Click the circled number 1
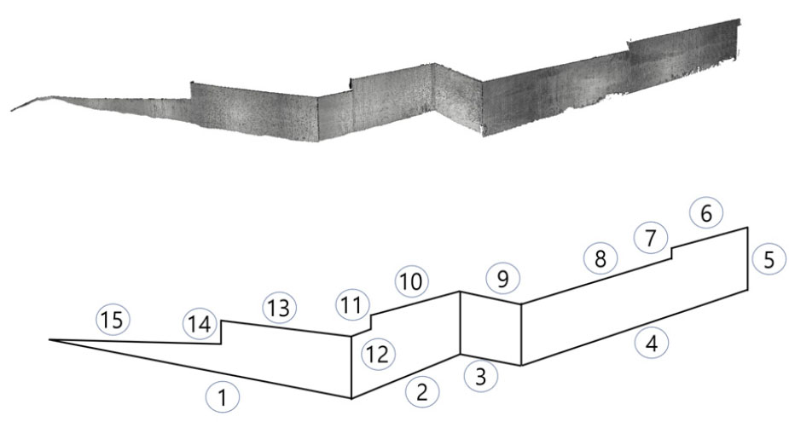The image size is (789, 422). click(222, 398)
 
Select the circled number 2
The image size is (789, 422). click(421, 392)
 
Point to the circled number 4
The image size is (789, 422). click(652, 344)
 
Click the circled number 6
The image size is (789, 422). click(706, 213)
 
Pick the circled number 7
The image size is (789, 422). click(651, 238)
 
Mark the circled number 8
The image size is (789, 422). click(600, 259)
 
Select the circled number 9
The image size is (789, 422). click(502, 279)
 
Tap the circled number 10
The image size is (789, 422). click(412, 281)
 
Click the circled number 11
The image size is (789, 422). click(351, 305)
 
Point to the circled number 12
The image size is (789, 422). click(379, 355)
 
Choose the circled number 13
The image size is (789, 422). click(279, 308)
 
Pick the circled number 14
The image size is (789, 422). click(200, 325)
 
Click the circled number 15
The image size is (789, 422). click(113, 320)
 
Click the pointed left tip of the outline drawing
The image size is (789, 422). click(49, 340)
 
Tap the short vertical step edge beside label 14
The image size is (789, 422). click(222, 332)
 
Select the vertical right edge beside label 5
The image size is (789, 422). click(747, 259)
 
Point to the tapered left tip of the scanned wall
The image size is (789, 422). click(12, 110)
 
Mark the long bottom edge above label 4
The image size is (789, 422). click(634, 328)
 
